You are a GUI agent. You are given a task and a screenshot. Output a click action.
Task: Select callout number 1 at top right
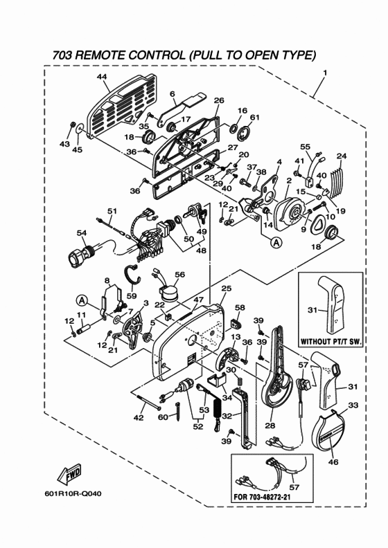click(325, 73)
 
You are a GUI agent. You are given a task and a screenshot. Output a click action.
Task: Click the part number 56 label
click(180, 275)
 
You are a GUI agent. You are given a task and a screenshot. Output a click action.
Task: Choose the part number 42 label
click(139, 417)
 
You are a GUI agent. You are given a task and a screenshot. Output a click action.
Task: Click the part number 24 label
click(341, 156)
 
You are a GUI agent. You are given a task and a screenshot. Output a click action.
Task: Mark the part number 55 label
click(305, 147)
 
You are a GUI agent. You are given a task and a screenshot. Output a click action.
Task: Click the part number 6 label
click(172, 93)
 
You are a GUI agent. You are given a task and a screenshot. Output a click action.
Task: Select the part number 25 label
click(226, 288)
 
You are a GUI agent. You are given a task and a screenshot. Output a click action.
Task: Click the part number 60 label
click(163, 417)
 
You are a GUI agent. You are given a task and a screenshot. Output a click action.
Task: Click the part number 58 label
click(240, 307)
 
